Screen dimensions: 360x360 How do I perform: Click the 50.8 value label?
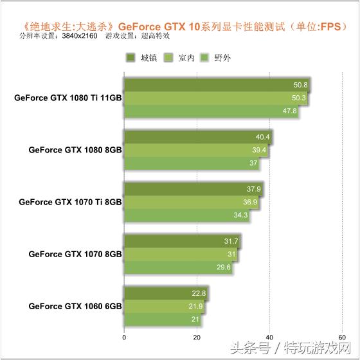[x=300, y=85]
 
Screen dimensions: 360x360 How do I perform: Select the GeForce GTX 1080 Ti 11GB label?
[x=67, y=98]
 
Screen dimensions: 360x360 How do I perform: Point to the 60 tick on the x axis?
[x=343, y=336]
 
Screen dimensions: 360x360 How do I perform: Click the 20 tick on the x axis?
[x=197, y=336]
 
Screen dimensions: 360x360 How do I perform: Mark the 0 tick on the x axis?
[x=123, y=336]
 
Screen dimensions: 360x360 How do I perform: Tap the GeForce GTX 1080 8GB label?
[x=75, y=150]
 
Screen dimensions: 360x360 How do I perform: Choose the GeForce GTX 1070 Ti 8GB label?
[x=70, y=202]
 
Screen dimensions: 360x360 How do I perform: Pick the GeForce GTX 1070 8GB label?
[x=75, y=254]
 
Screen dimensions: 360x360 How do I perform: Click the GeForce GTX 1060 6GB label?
[x=75, y=306]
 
